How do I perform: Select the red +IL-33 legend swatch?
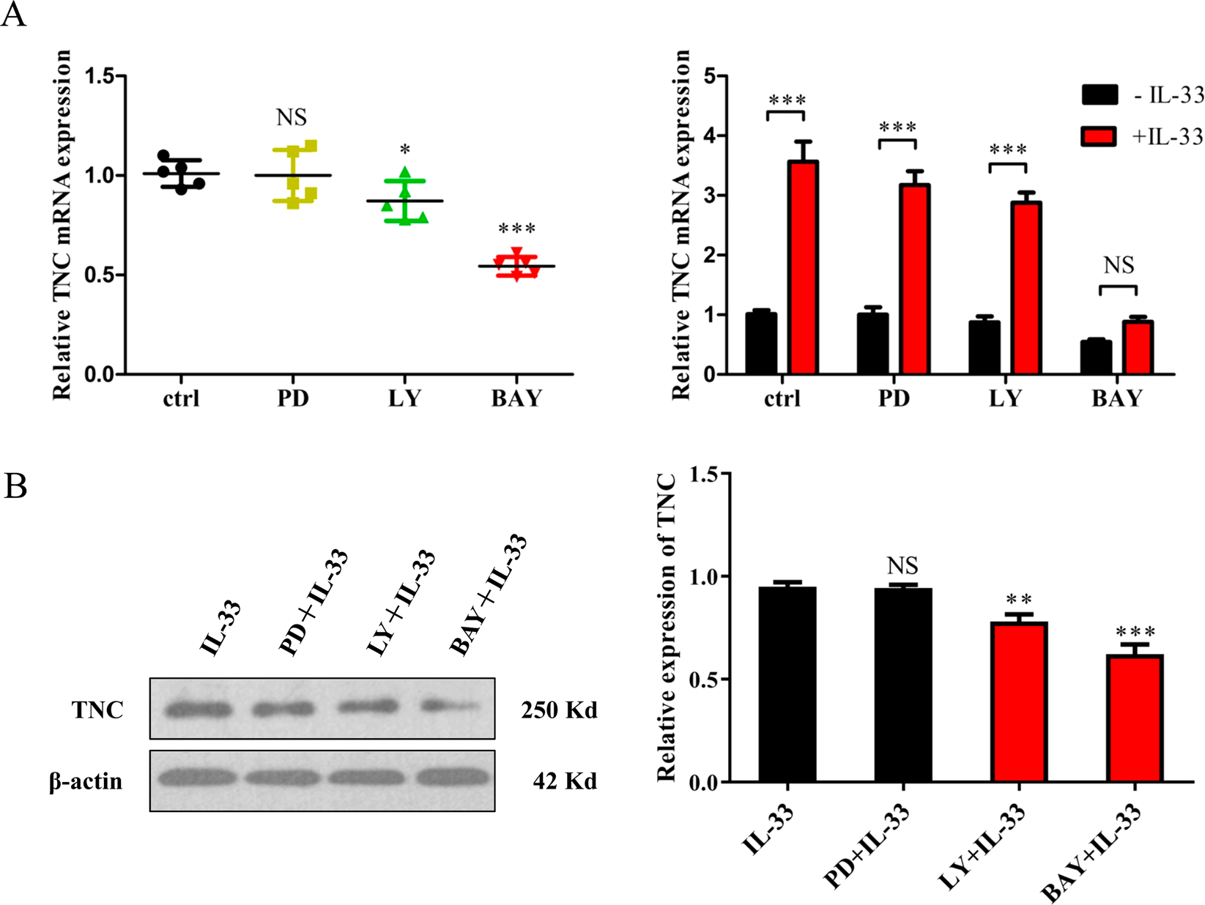(1099, 136)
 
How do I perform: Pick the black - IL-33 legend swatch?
(1099, 95)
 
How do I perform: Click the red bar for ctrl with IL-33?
(803, 267)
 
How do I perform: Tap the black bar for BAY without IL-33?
(1095, 357)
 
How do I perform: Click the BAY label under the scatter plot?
(516, 399)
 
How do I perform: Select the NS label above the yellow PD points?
(292, 117)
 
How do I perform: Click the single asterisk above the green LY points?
(404, 151)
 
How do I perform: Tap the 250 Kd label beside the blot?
(559, 710)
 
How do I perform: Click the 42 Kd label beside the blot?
(565, 781)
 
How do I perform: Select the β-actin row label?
(86, 781)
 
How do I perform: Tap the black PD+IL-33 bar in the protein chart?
(902, 685)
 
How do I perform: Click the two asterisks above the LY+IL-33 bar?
(1018, 600)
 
